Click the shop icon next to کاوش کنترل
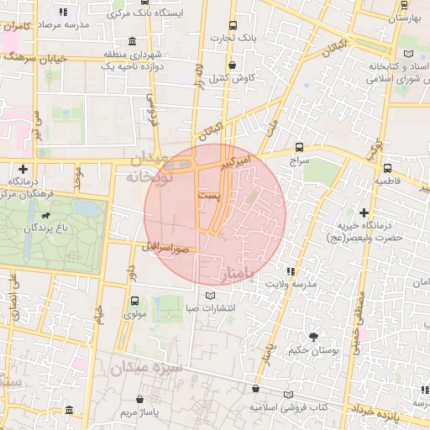click(232, 65)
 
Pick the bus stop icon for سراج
click(301, 145)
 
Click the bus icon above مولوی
click(134, 301)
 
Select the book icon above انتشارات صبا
click(210, 295)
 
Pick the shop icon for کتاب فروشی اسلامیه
click(255, 388)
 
